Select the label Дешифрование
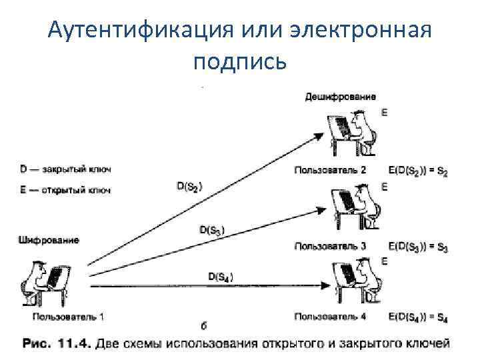click(x=340, y=97)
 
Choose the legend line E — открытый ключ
click(x=65, y=190)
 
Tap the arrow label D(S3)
click(x=212, y=231)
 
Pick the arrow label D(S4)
click(x=221, y=276)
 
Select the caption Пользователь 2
click(x=330, y=170)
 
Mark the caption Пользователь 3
click(x=330, y=246)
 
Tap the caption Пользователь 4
click(x=330, y=316)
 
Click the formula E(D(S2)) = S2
click(x=417, y=171)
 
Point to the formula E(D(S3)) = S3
click(x=417, y=247)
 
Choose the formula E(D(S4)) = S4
click(x=417, y=317)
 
